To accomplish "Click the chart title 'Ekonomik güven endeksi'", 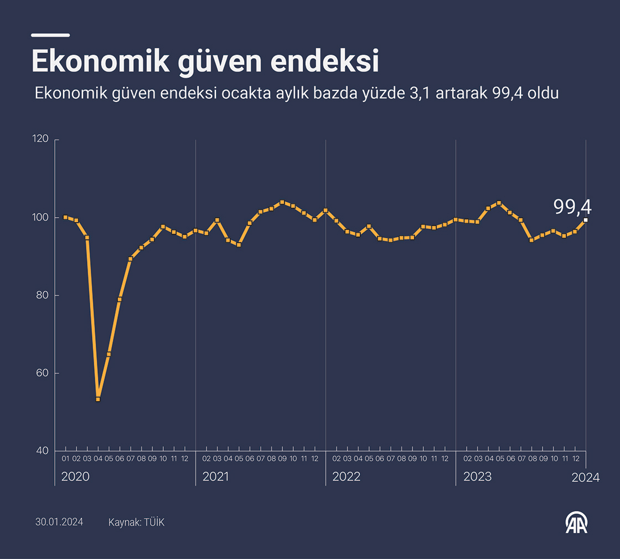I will [205, 61].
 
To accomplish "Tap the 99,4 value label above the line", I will [572, 207].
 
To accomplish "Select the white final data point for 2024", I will [586, 220].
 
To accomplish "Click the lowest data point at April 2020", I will [98, 399].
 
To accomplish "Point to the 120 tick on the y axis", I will [42, 140].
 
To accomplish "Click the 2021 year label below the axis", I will [215, 476].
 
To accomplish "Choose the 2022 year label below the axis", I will [346, 476].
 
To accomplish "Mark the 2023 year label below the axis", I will [477, 476].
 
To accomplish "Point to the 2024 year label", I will [586, 478].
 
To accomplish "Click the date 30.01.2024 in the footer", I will [59, 522].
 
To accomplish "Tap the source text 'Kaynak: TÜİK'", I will [136, 522].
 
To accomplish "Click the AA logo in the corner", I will [576, 522].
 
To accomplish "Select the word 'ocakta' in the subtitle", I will [244, 93].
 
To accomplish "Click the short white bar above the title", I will [50, 35].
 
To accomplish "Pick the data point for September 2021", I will [282, 202].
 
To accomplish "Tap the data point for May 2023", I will [499, 203].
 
